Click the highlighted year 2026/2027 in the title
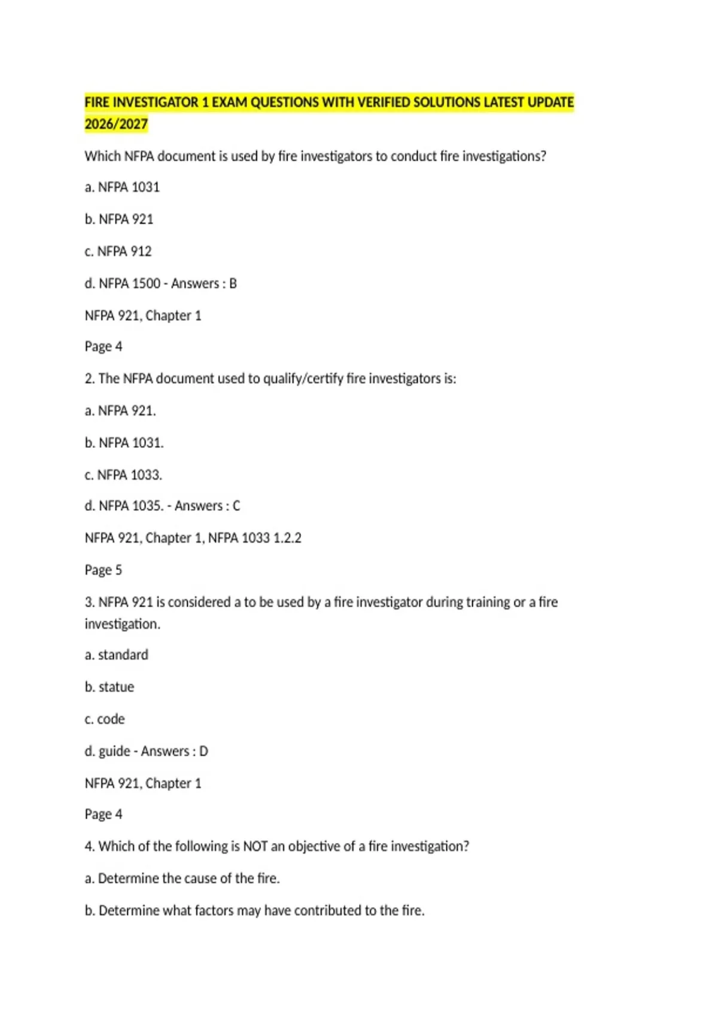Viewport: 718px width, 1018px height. click(116, 125)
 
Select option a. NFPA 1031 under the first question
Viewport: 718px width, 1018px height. click(122, 187)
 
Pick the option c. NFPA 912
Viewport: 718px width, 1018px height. click(118, 252)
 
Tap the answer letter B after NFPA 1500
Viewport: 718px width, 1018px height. click(233, 284)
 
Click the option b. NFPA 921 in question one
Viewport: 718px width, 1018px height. click(119, 220)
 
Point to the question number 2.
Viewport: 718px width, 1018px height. click(89, 379)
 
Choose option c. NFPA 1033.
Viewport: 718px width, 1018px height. click(123, 475)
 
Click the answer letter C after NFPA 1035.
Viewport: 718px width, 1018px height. click(236, 507)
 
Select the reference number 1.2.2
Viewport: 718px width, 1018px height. click(287, 538)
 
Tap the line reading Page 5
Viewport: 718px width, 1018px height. click(103, 570)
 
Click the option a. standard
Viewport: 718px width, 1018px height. click(116, 655)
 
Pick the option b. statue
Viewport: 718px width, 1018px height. click(109, 687)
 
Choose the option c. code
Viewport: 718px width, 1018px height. click(105, 719)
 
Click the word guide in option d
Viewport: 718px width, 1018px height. click(114, 752)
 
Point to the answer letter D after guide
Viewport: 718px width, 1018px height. click(203, 752)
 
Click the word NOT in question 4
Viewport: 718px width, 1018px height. click(255, 847)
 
